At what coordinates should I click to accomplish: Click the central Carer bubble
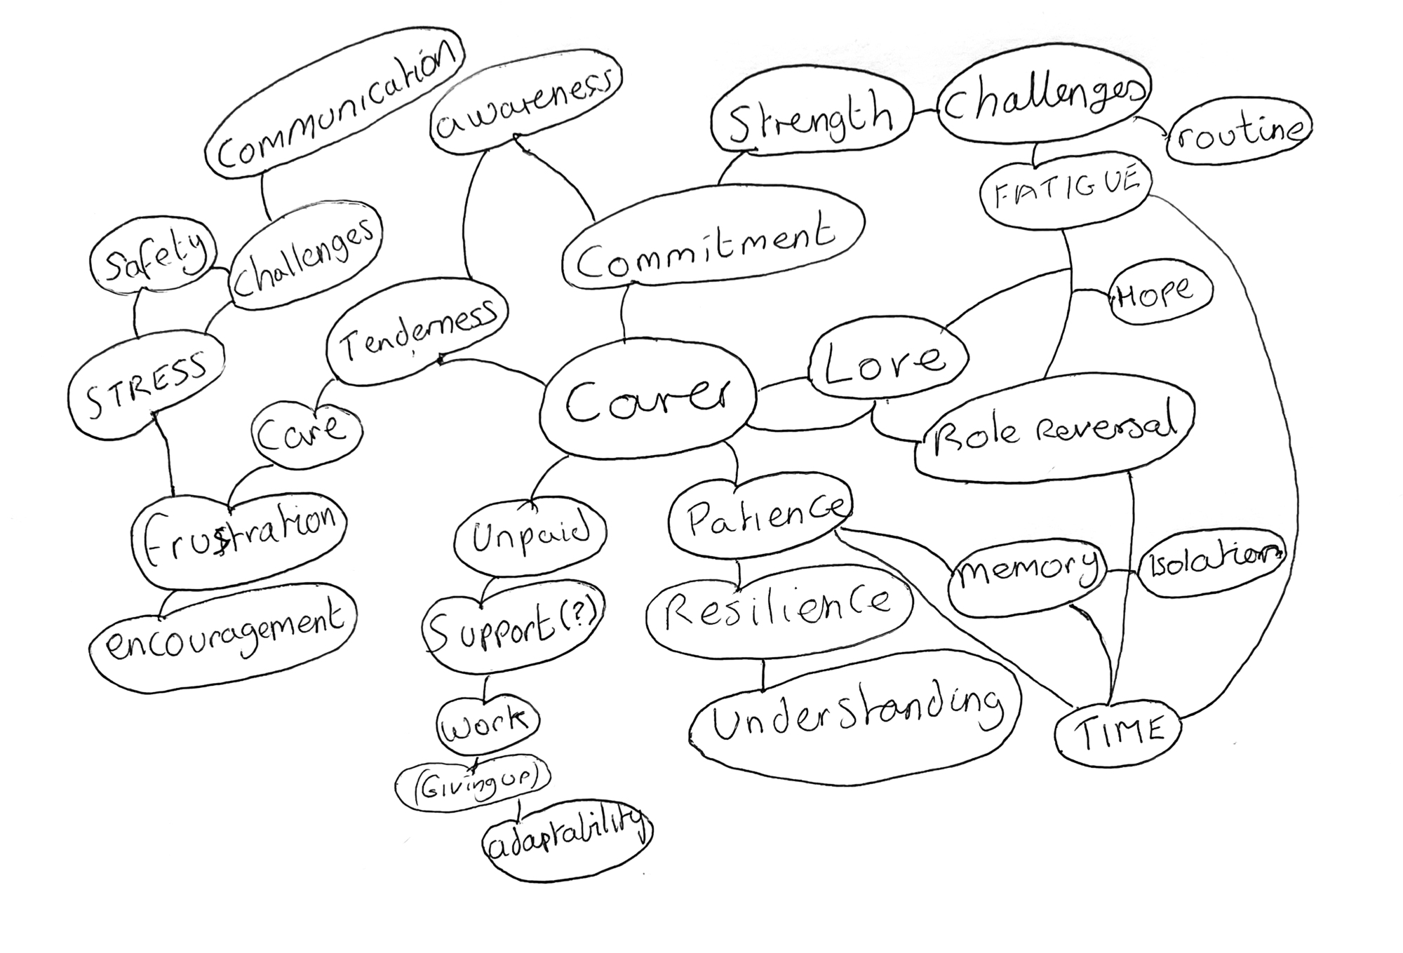pos(647,401)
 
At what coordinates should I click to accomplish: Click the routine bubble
pos(1238,135)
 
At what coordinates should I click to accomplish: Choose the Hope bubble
pos(1160,294)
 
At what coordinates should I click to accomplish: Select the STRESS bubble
pos(147,384)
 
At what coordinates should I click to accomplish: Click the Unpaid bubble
pos(530,536)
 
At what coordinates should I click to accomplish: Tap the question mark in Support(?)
pos(580,615)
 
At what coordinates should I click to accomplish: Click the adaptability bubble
pos(567,839)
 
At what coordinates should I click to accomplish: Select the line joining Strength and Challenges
pos(925,111)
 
